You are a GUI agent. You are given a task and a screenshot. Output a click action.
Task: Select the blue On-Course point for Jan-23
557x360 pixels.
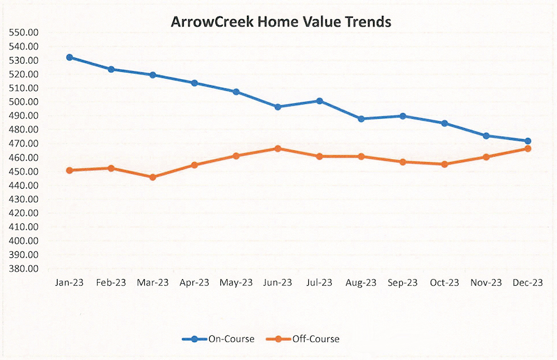click(69, 57)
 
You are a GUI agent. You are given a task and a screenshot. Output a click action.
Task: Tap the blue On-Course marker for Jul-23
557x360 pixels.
click(319, 101)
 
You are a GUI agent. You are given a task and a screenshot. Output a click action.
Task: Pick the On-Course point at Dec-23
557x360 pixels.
click(527, 141)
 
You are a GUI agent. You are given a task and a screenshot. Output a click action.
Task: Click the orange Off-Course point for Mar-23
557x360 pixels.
click(153, 177)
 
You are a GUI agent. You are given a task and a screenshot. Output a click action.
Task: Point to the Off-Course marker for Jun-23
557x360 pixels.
click(278, 148)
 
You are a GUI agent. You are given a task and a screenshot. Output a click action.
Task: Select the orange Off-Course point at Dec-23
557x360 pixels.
click(527, 148)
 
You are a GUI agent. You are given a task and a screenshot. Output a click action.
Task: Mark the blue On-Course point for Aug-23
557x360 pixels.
click(361, 119)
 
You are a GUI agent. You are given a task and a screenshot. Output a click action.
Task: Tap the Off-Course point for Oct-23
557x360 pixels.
click(444, 164)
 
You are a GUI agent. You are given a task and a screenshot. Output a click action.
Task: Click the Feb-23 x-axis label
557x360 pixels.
click(111, 283)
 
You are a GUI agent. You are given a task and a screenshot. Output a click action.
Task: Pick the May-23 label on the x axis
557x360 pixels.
click(236, 283)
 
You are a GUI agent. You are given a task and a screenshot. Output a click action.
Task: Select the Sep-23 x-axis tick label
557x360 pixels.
click(402, 283)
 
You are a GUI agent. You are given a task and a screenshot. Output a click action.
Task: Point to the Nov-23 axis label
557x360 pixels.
click(486, 283)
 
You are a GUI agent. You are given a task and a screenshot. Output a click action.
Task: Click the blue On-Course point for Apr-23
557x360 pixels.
click(194, 83)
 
